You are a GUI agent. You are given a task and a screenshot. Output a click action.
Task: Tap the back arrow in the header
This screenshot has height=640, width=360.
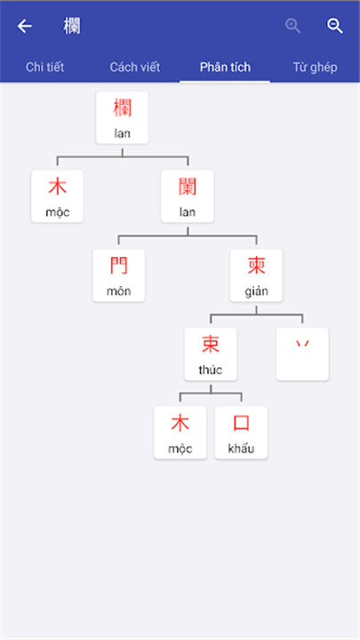(x=25, y=27)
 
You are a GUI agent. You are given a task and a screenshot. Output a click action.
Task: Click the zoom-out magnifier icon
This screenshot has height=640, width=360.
(x=335, y=26)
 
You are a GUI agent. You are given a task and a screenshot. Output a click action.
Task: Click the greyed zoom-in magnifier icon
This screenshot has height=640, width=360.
(x=293, y=26)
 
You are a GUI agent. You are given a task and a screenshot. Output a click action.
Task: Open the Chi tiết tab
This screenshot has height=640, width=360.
(x=45, y=67)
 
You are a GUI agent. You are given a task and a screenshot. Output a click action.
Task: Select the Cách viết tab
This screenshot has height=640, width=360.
(x=135, y=67)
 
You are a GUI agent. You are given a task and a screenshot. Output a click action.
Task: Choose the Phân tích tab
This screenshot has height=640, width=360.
(x=225, y=67)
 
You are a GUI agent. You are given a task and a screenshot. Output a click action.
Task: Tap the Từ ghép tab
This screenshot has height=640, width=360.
(x=315, y=67)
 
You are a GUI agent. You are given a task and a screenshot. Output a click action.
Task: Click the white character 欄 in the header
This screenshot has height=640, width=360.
(x=72, y=27)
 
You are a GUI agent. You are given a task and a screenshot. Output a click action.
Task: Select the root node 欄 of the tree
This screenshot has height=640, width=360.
(x=122, y=117)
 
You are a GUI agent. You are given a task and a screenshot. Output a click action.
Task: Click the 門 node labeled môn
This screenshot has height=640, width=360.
(x=118, y=276)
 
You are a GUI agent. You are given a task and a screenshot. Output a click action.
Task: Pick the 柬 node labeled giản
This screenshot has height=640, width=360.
(x=256, y=276)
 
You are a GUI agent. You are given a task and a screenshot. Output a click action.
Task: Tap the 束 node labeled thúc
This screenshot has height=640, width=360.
(x=211, y=355)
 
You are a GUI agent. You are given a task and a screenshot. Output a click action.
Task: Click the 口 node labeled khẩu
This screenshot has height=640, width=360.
(x=241, y=433)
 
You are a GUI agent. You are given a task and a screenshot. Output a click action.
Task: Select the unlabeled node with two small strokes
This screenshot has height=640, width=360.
(x=302, y=355)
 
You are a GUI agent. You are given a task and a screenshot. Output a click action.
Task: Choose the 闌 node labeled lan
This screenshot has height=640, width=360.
(x=188, y=196)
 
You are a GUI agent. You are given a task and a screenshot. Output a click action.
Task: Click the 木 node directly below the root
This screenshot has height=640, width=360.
(x=57, y=196)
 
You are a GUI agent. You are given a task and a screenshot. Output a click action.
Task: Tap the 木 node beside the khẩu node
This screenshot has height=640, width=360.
(x=180, y=433)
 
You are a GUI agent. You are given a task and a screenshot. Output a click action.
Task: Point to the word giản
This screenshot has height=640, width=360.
(x=256, y=292)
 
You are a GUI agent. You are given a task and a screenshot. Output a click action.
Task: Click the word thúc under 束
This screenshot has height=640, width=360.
(x=211, y=370)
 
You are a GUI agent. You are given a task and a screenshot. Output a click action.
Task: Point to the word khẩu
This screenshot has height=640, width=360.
(x=241, y=449)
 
